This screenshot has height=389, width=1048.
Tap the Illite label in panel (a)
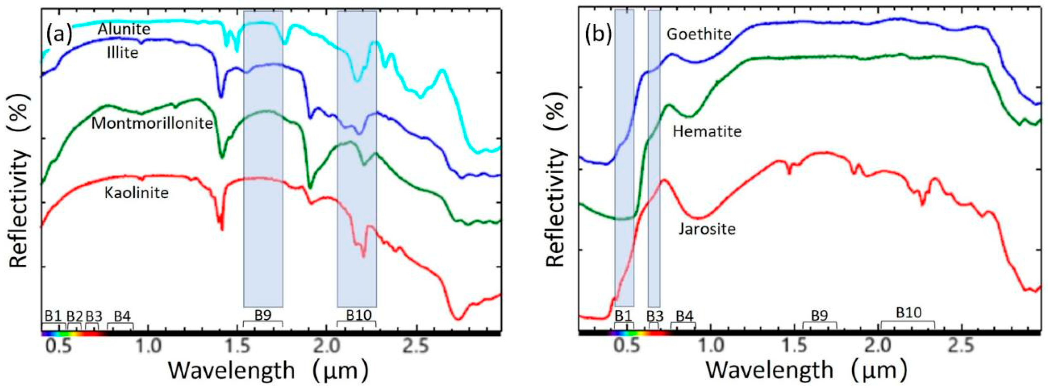(x=122, y=52)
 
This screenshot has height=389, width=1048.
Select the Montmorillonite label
(x=152, y=123)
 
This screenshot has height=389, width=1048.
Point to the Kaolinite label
(x=136, y=192)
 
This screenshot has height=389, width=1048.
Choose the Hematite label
(x=707, y=131)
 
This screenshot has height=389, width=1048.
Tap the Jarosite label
(x=707, y=229)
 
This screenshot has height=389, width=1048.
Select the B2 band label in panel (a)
(x=75, y=316)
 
